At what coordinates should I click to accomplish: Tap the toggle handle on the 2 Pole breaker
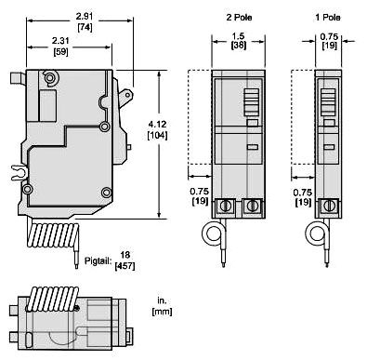tap(251, 99)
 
